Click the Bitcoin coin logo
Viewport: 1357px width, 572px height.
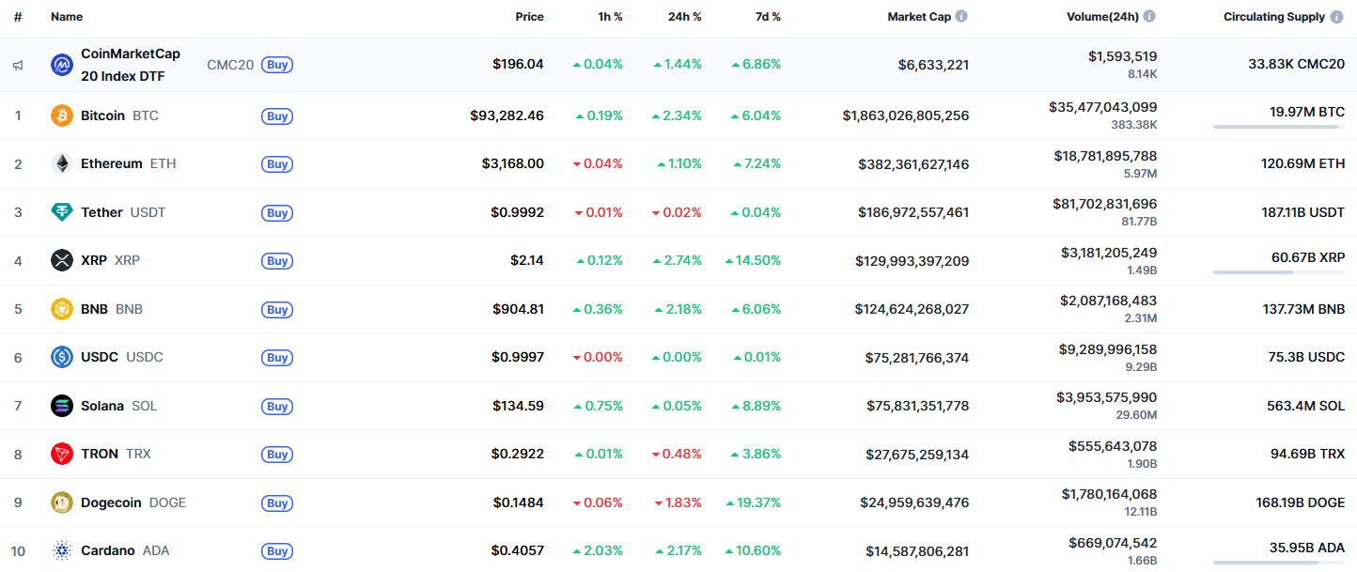(61, 116)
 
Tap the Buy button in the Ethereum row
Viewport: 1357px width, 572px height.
(277, 164)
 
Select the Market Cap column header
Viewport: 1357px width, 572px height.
(918, 17)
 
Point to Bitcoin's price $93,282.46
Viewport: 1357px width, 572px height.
(507, 116)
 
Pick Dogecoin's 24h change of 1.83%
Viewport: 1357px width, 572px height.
(678, 502)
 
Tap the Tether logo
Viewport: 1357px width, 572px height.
(61, 212)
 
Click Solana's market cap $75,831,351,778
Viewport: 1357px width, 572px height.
(917, 406)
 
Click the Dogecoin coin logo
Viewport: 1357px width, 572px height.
(61, 502)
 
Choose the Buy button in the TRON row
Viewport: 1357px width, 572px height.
(277, 455)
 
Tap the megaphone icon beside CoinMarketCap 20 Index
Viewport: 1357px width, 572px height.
(18, 65)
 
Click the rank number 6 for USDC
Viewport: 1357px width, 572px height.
(18, 358)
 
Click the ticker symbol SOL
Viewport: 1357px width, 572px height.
(145, 406)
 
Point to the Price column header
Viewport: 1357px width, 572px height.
(529, 17)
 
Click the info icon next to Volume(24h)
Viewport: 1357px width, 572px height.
(1149, 17)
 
